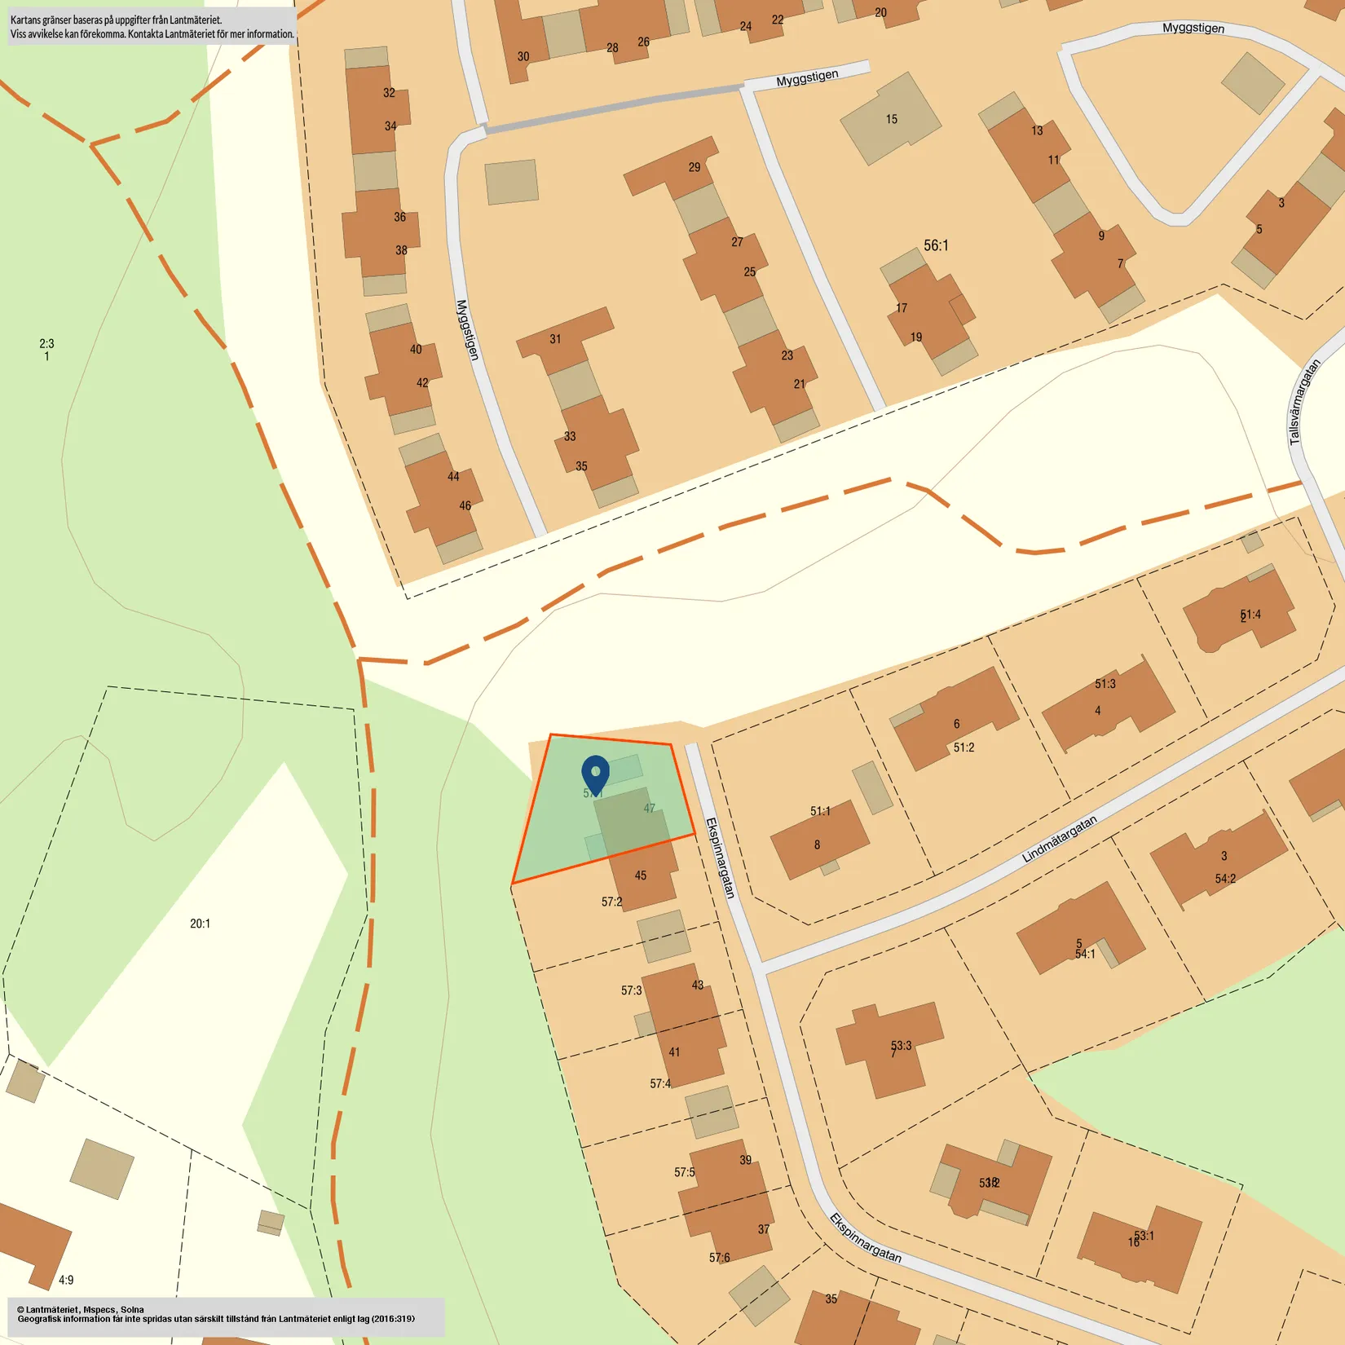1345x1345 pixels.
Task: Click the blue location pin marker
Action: click(595, 773)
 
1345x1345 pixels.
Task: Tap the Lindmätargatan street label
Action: click(1059, 839)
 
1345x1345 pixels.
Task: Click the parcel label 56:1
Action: click(936, 245)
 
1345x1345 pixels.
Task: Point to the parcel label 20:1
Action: click(200, 924)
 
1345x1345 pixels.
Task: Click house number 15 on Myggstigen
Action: click(891, 119)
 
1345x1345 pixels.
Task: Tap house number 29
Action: click(694, 167)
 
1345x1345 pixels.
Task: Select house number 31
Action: click(555, 339)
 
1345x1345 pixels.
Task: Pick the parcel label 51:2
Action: click(964, 747)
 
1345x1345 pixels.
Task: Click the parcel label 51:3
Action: click(1105, 684)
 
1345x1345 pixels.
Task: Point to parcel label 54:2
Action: click(1225, 879)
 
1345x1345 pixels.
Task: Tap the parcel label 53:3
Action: click(901, 1045)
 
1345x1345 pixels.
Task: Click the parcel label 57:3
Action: click(631, 990)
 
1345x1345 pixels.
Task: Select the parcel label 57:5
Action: click(684, 1172)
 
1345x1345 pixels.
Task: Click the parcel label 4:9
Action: click(66, 1280)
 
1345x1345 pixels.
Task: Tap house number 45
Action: click(641, 875)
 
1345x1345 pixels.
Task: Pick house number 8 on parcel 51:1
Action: click(817, 844)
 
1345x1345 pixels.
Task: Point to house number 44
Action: click(453, 477)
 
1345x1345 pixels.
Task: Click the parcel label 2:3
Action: click(46, 344)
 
